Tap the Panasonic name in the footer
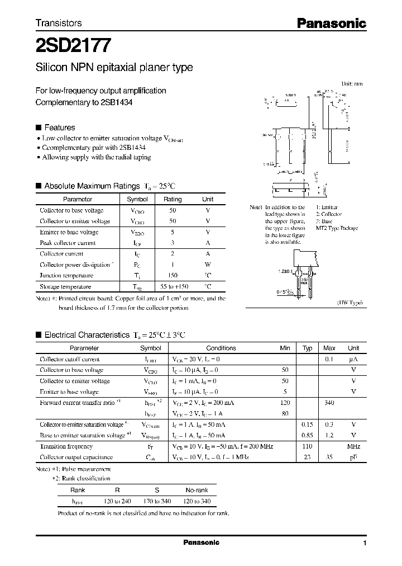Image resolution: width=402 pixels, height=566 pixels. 201,543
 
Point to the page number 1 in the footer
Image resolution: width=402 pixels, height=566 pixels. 364,544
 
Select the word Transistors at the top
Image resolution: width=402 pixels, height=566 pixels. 59,23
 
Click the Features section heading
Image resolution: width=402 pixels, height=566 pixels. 59,128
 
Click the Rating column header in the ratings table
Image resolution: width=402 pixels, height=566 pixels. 172,199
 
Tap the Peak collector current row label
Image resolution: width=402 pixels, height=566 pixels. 68,243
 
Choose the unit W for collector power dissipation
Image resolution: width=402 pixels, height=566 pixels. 208,265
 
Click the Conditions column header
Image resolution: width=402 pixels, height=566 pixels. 221,348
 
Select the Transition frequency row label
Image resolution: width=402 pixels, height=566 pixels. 66,446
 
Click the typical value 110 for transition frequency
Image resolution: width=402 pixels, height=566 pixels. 307,446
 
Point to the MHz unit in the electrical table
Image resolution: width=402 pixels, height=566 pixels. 353,446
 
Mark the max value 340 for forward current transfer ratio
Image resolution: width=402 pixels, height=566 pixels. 329,402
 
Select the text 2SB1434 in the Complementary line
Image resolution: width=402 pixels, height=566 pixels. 118,102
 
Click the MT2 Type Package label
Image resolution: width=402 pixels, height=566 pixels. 337,228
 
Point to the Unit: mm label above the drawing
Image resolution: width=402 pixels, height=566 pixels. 352,83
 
